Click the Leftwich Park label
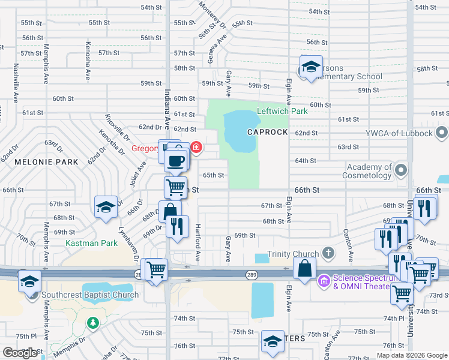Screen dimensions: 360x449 (282, 111)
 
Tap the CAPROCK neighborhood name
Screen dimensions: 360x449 (268, 132)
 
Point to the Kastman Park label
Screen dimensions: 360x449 (92, 243)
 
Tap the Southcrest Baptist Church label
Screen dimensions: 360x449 (90, 295)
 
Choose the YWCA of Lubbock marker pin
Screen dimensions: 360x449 (442, 132)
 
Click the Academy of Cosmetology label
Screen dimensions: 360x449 (367, 171)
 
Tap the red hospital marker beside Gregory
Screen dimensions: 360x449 (196, 148)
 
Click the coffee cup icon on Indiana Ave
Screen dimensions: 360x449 (176, 160)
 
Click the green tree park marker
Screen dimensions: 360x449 (92, 323)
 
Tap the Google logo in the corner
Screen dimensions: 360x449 (20, 353)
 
